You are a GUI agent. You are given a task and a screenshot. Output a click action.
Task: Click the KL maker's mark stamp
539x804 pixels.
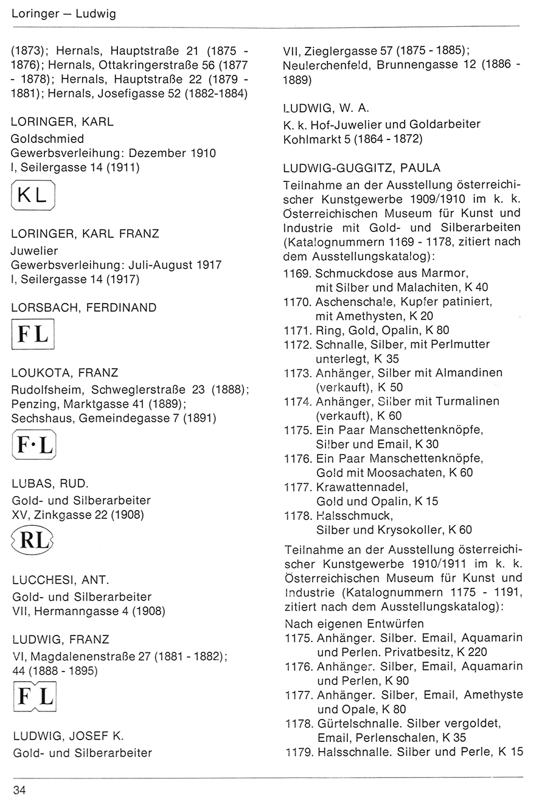pyautogui.click(x=33, y=195)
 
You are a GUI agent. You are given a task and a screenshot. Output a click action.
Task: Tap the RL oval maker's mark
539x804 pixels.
pyautogui.click(x=33, y=540)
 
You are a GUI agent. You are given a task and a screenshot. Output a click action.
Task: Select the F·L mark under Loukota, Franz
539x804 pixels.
pyautogui.click(x=33, y=445)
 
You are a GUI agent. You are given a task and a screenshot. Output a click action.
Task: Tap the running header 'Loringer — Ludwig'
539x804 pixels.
pyautogui.click(x=63, y=13)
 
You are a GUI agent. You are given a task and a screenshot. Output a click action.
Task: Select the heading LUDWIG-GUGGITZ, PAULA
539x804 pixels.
pyautogui.click(x=362, y=168)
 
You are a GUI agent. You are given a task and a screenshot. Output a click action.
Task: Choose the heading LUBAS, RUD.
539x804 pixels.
pyautogui.click(x=50, y=485)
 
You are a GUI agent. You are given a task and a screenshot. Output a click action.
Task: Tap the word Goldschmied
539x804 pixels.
pyautogui.click(x=47, y=139)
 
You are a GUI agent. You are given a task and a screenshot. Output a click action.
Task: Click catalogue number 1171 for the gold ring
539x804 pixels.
pyautogui.click(x=296, y=330)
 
